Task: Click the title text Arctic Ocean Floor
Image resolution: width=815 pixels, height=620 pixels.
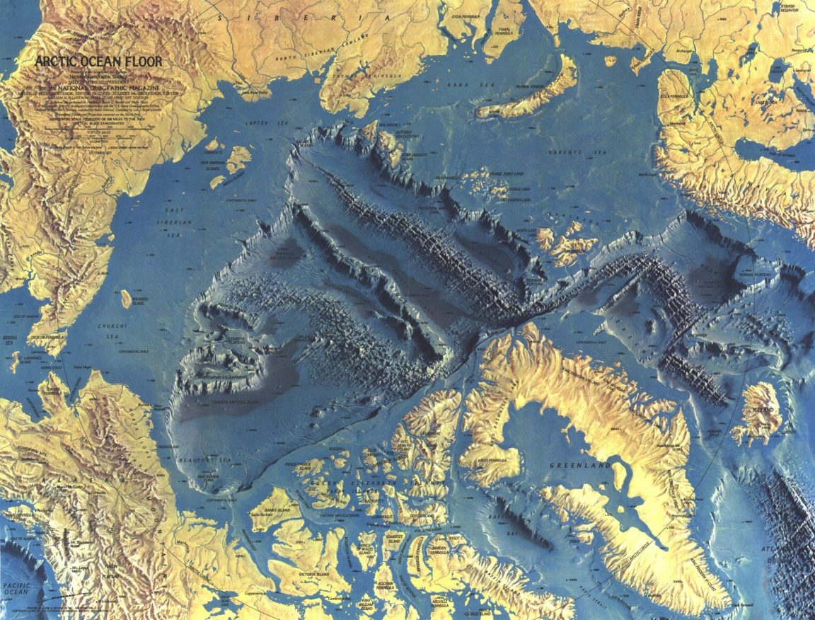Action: click(98, 62)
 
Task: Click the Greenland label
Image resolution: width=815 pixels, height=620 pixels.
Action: click(584, 466)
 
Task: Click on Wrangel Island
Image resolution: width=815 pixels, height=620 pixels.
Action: click(127, 299)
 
